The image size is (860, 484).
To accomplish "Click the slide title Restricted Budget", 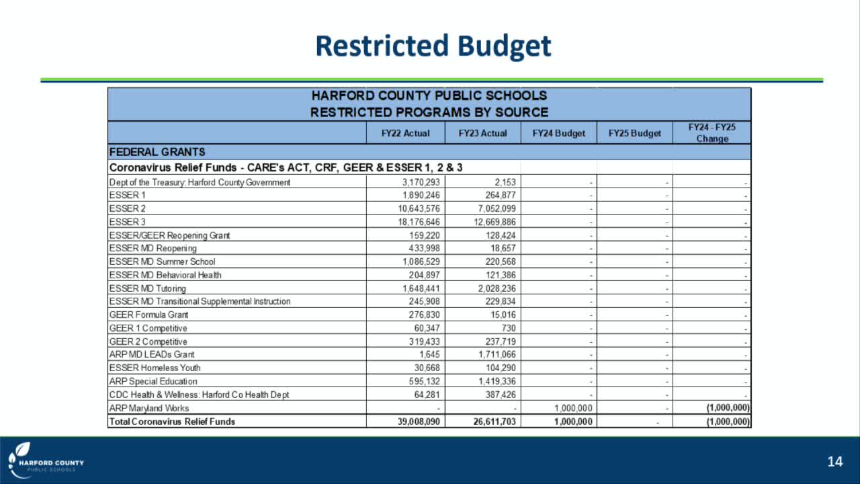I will [x=433, y=46].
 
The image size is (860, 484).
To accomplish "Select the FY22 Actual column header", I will [x=405, y=133].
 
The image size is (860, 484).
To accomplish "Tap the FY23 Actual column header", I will [x=482, y=133].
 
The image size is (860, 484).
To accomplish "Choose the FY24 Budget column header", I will [x=558, y=133].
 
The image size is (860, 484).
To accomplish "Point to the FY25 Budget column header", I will [x=634, y=133].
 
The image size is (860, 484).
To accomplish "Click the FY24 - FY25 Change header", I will [x=712, y=133].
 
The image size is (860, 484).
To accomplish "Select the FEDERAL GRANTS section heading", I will [x=157, y=152].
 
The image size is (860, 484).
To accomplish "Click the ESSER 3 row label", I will [x=128, y=222].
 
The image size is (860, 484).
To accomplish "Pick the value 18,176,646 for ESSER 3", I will [x=417, y=222].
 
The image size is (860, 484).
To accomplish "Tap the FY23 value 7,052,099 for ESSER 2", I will [x=493, y=208].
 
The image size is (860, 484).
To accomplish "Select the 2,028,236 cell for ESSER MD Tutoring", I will [x=493, y=288].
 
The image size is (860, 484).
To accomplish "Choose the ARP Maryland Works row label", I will [x=149, y=408].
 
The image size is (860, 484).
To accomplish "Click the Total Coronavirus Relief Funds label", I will [x=172, y=421].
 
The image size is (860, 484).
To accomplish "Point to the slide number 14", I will [x=834, y=462].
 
